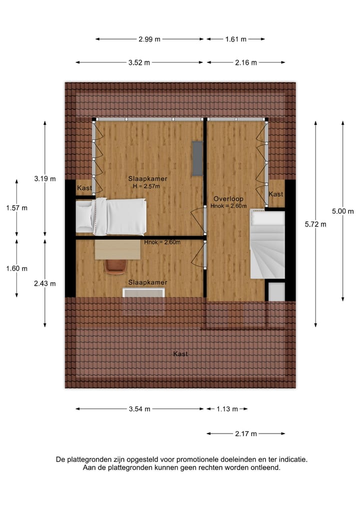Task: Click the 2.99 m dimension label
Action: [x=149, y=39]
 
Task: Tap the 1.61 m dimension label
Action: [x=236, y=39]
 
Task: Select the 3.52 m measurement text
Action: [x=139, y=62]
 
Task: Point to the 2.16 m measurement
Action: [x=246, y=62]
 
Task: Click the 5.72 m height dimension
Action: [x=316, y=224]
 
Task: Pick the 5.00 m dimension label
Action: [x=343, y=211]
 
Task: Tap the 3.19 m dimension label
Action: [x=45, y=178]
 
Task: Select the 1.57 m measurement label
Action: [x=17, y=208]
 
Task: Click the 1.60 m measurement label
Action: [x=17, y=268]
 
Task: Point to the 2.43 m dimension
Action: [x=45, y=283]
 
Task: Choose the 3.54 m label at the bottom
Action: [x=139, y=409]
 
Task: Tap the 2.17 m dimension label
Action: [x=246, y=434]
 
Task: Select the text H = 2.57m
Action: [x=146, y=186]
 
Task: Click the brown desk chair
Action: [x=115, y=267]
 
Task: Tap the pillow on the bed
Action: [x=84, y=216]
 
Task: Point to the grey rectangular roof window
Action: [x=197, y=158]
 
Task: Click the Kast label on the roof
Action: [x=180, y=354]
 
